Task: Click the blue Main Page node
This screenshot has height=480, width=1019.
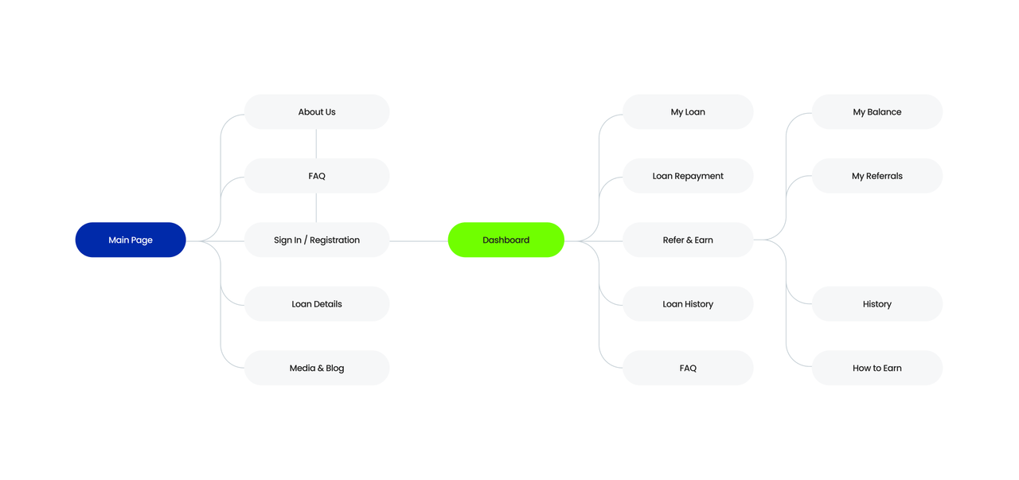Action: tap(131, 240)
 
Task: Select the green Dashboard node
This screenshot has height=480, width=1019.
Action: tap(506, 240)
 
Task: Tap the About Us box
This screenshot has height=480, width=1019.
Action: tap(317, 112)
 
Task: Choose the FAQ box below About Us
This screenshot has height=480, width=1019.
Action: tap(317, 176)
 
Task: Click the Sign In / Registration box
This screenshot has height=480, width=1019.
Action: tap(317, 240)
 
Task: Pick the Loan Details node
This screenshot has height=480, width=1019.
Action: tap(317, 304)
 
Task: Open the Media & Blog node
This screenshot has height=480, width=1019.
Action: tap(317, 368)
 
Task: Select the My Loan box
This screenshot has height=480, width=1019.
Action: tap(688, 112)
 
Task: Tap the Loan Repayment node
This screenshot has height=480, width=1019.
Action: tap(688, 176)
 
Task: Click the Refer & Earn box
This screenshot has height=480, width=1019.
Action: tap(688, 240)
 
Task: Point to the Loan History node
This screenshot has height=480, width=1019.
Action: tap(688, 304)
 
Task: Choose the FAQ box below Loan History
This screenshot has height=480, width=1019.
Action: tap(688, 368)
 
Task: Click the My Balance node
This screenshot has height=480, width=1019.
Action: tap(877, 112)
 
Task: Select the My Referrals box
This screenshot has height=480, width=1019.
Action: tap(877, 176)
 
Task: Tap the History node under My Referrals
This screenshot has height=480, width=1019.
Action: tap(877, 304)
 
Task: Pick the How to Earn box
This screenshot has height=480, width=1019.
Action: tap(877, 368)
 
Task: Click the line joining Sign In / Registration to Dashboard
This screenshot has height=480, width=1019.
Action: tap(419, 241)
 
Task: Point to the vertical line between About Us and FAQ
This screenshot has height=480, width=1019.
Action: tap(316, 144)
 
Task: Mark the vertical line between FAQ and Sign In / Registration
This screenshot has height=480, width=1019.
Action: tap(316, 208)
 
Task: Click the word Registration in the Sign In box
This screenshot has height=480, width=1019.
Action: tap(335, 240)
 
